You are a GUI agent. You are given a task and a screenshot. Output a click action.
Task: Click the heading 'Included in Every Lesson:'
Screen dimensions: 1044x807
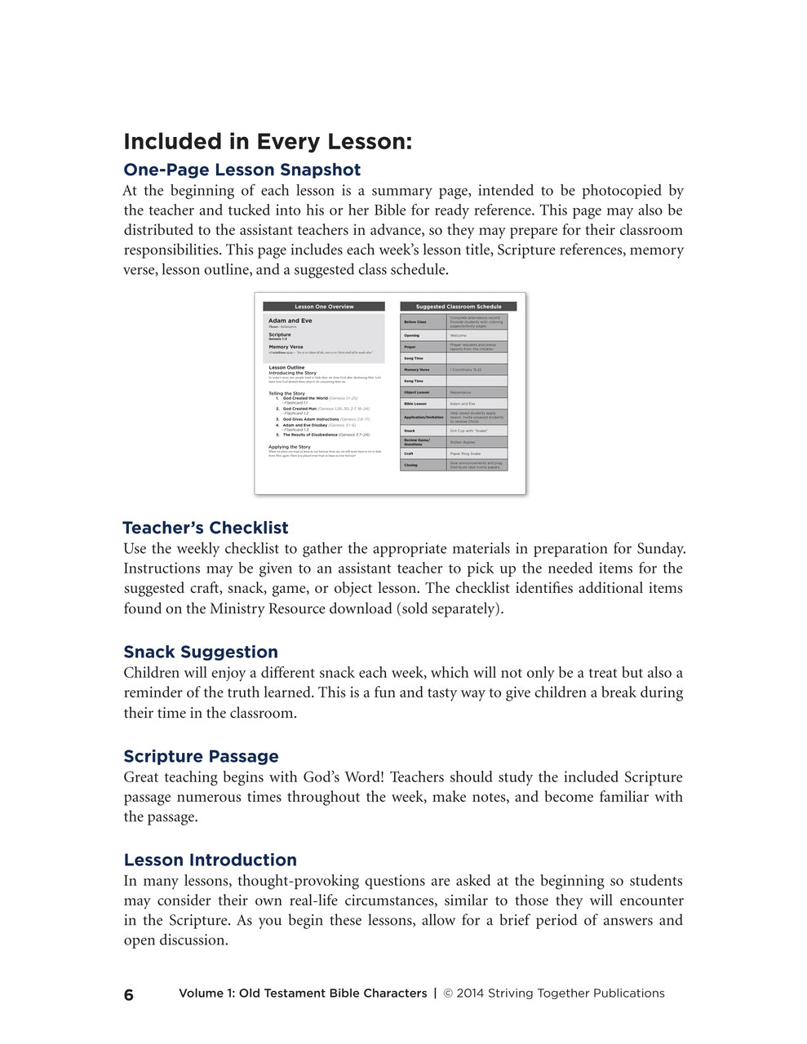(x=268, y=142)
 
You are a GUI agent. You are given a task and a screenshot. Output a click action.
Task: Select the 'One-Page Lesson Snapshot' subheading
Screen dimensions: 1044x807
(x=242, y=170)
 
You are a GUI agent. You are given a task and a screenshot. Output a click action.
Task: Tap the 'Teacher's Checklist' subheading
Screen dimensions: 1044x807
(x=206, y=528)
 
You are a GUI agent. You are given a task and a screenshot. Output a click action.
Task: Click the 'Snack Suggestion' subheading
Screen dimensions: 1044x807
(x=201, y=652)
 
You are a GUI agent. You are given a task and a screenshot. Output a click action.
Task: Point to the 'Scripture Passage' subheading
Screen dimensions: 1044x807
(x=201, y=756)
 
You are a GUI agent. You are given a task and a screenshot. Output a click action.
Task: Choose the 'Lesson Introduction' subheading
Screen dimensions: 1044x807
(x=210, y=860)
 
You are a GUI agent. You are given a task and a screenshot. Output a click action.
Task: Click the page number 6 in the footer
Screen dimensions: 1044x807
(x=129, y=994)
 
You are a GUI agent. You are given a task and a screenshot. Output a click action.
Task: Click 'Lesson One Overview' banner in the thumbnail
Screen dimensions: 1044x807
(x=324, y=307)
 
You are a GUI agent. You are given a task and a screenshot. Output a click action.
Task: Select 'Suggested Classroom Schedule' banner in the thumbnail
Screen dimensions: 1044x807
(x=459, y=307)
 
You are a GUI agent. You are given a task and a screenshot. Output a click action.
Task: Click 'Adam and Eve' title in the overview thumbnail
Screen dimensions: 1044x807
(x=290, y=321)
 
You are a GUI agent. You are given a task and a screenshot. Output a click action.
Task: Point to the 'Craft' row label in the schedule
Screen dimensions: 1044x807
(x=409, y=453)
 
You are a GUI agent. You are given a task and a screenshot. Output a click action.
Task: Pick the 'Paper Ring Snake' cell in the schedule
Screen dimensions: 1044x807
(x=465, y=453)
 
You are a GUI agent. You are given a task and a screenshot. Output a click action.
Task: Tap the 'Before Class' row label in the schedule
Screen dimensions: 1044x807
(x=415, y=322)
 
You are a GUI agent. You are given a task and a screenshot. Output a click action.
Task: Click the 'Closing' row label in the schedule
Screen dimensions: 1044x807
(x=410, y=465)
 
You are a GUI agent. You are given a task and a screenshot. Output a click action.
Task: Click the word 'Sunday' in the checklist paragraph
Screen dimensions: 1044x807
(x=660, y=549)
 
